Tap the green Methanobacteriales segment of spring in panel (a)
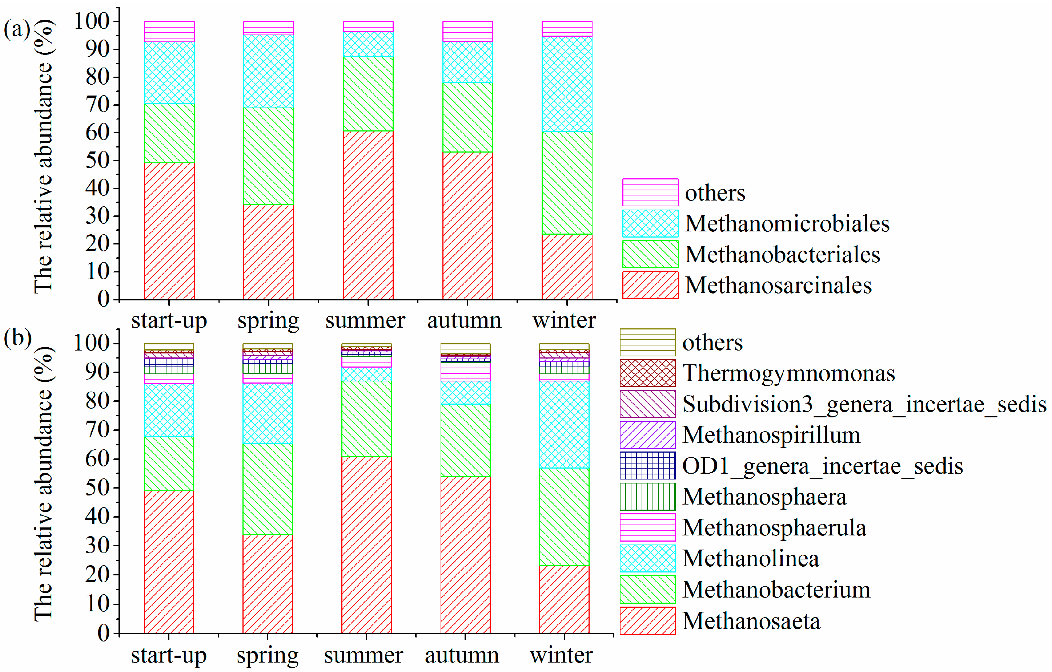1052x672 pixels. pyautogui.click(x=268, y=155)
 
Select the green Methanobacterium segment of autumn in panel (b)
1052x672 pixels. pyautogui.click(x=465, y=440)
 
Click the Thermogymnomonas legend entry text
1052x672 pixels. pyautogui.click(x=788, y=374)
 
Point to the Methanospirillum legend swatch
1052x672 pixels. pyautogui.click(x=647, y=435)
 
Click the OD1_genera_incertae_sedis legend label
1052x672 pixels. pyautogui.click(x=822, y=466)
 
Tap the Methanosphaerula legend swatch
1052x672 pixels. pyautogui.click(x=647, y=527)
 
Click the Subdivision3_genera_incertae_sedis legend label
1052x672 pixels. pyautogui.click(x=864, y=404)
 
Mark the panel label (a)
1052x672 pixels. pyautogui.click(x=17, y=30)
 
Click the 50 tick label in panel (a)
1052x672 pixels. pyautogui.click(x=97, y=160)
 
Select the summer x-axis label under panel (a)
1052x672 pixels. pyautogui.click(x=365, y=320)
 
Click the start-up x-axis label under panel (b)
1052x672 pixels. pyautogui.click(x=169, y=655)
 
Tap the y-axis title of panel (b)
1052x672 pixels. pyautogui.click(x=44, y=484)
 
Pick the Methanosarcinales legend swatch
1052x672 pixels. pyautogui.click(x=650, y=285)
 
